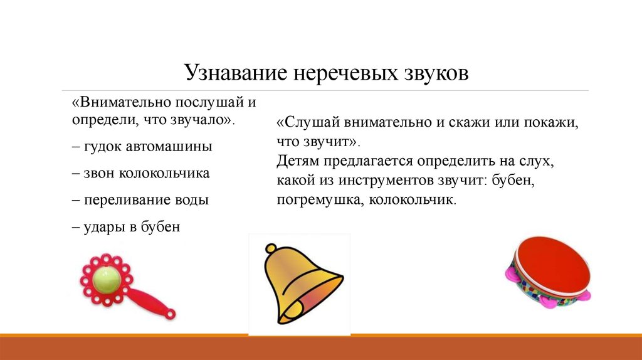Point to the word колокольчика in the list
[164, 173]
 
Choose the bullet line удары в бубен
[126, 226]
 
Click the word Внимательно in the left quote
[125, 102]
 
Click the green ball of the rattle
[106, 279]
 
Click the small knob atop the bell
[271, 248]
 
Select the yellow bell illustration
[303, 284]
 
